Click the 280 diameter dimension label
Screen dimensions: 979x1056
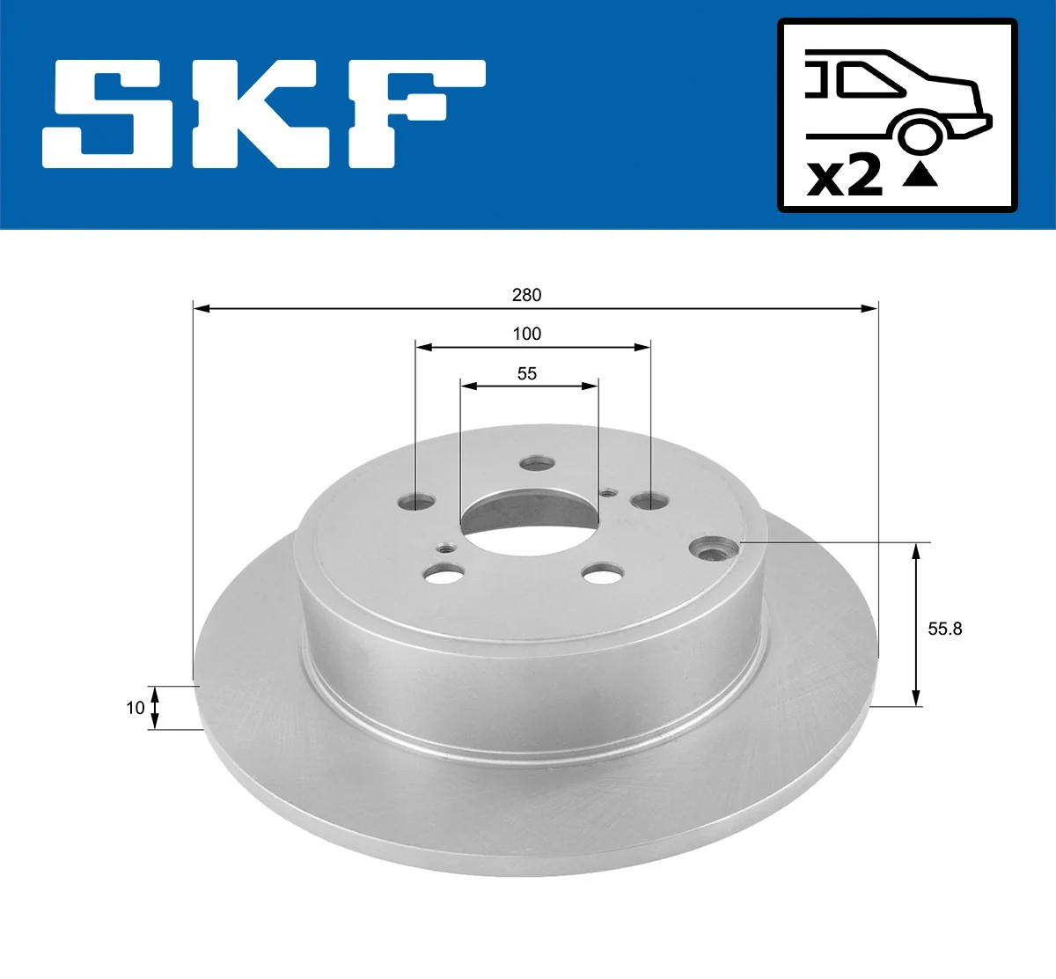526,295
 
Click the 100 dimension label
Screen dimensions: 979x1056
526,334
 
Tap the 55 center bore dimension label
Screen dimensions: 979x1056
526,373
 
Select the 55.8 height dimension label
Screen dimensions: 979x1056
945,629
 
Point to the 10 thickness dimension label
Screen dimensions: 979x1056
135,707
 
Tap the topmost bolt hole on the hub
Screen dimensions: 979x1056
535,463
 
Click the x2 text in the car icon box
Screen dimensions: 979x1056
845,176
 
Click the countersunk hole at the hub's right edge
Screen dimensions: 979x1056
712,550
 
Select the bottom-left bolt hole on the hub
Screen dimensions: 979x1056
443,575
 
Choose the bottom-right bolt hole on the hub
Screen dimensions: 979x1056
601,574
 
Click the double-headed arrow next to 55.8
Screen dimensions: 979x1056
916,624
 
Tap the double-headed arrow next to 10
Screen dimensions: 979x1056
155,708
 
